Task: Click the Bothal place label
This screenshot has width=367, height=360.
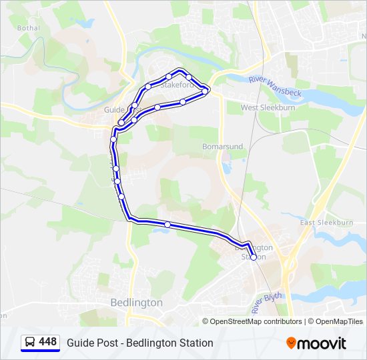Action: pos(29,29)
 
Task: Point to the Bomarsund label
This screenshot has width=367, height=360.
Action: pos(222,146)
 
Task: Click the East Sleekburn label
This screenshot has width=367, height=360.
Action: pos(326,223)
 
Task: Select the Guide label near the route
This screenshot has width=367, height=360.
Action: pos(115,109)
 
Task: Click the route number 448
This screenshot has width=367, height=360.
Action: pos(47,342)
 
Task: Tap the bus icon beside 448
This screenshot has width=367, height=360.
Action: pos(30,343)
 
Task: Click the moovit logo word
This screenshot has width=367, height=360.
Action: pos(322,343)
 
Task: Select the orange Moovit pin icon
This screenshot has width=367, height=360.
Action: pos(291,343)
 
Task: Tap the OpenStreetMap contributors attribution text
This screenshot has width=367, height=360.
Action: pos(256,321)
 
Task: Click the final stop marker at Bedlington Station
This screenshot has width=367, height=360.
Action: pos(253,257)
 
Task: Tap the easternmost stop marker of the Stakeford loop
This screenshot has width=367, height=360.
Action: pos(205,91)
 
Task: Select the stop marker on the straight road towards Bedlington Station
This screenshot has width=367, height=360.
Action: pos(167,225)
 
